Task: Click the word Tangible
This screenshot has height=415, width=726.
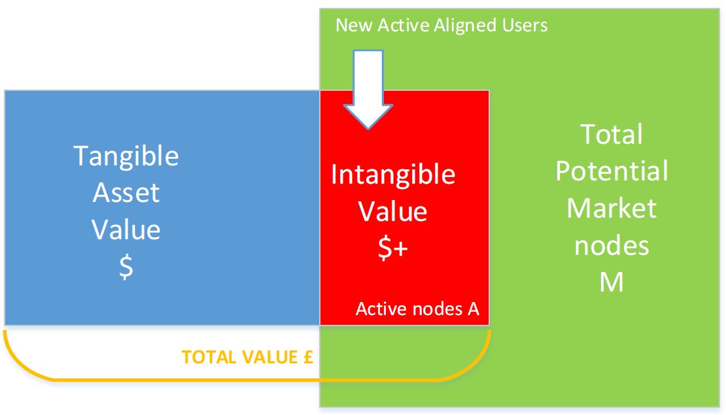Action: pyautogui.click(x=126, y=157)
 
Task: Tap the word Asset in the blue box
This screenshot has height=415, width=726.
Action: pyautogui.click(x=126, y=192)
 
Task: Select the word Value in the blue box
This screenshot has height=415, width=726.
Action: pyautogui.click(x=126, y=229)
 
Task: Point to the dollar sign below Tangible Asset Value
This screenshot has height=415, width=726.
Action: pyautogui.click(x=126, y=267)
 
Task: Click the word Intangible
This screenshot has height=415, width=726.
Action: pyautogui.click(x=393, y=175)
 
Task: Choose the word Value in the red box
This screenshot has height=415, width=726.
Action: pyautogui.click(x=392, y=212)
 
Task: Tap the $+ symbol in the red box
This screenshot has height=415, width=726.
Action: pyautogui.click(x=392, y=248)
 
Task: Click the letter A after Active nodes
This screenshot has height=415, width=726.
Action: pyautogui.click(x=473, y=308)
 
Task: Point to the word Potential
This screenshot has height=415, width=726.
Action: pyautogui.click(x=612, y=171)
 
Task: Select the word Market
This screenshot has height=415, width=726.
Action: pyautogui.click(x=612, y=208)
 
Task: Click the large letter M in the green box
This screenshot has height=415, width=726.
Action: pyautogui.click(x=612, y=282)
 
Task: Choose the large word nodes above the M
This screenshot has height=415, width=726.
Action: pyautogui.click(x=612, y=245)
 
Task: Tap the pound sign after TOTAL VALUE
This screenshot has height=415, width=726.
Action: pyautogui.click(x=308, y=357)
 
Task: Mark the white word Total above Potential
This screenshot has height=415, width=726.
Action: pyautogui.click(x=612, y=134)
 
